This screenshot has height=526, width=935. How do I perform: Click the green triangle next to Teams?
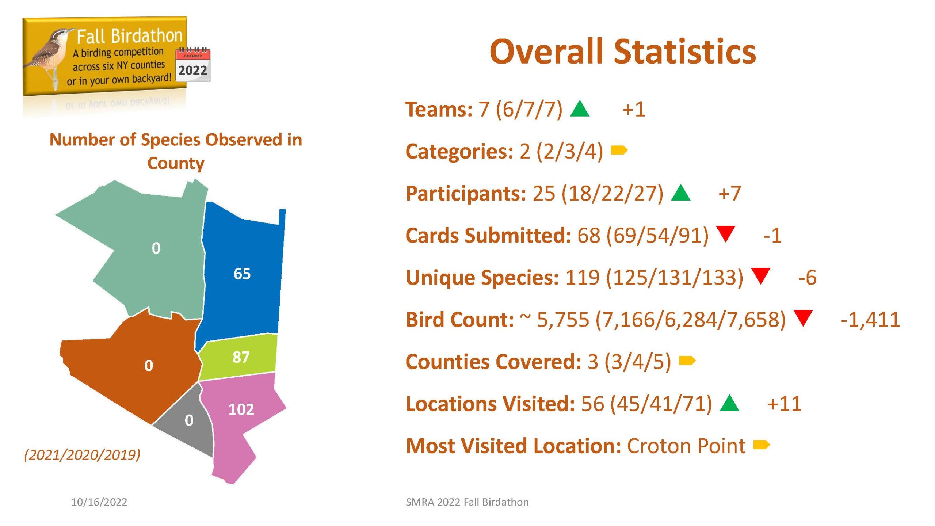(x=580, y=108)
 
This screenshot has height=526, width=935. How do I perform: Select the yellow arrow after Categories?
(x=619, y=150)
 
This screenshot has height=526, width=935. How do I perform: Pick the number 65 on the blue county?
(x=242, y=274)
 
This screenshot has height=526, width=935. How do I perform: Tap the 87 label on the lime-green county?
(x=241, y=357)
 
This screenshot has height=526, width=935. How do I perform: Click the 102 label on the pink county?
(x=241, y=409)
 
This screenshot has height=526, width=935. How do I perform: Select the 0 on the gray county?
(x=189, y=420)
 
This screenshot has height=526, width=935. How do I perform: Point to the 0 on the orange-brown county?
(x=149, y=366)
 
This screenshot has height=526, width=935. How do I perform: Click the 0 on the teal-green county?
(x=156, y=248)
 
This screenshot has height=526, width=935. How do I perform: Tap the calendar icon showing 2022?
(x=193, y=65)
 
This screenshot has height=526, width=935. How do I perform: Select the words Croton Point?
(x=686, y=446)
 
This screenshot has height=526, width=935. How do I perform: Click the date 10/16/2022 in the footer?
(x=99, y=502)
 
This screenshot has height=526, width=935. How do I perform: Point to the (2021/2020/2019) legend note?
(x=82, y=455)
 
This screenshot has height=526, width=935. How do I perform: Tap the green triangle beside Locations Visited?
(x=729, y=403)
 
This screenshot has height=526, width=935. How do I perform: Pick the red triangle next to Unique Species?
(x=761, y=276)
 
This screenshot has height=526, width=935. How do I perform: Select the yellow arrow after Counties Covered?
(x=687, y=361)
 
